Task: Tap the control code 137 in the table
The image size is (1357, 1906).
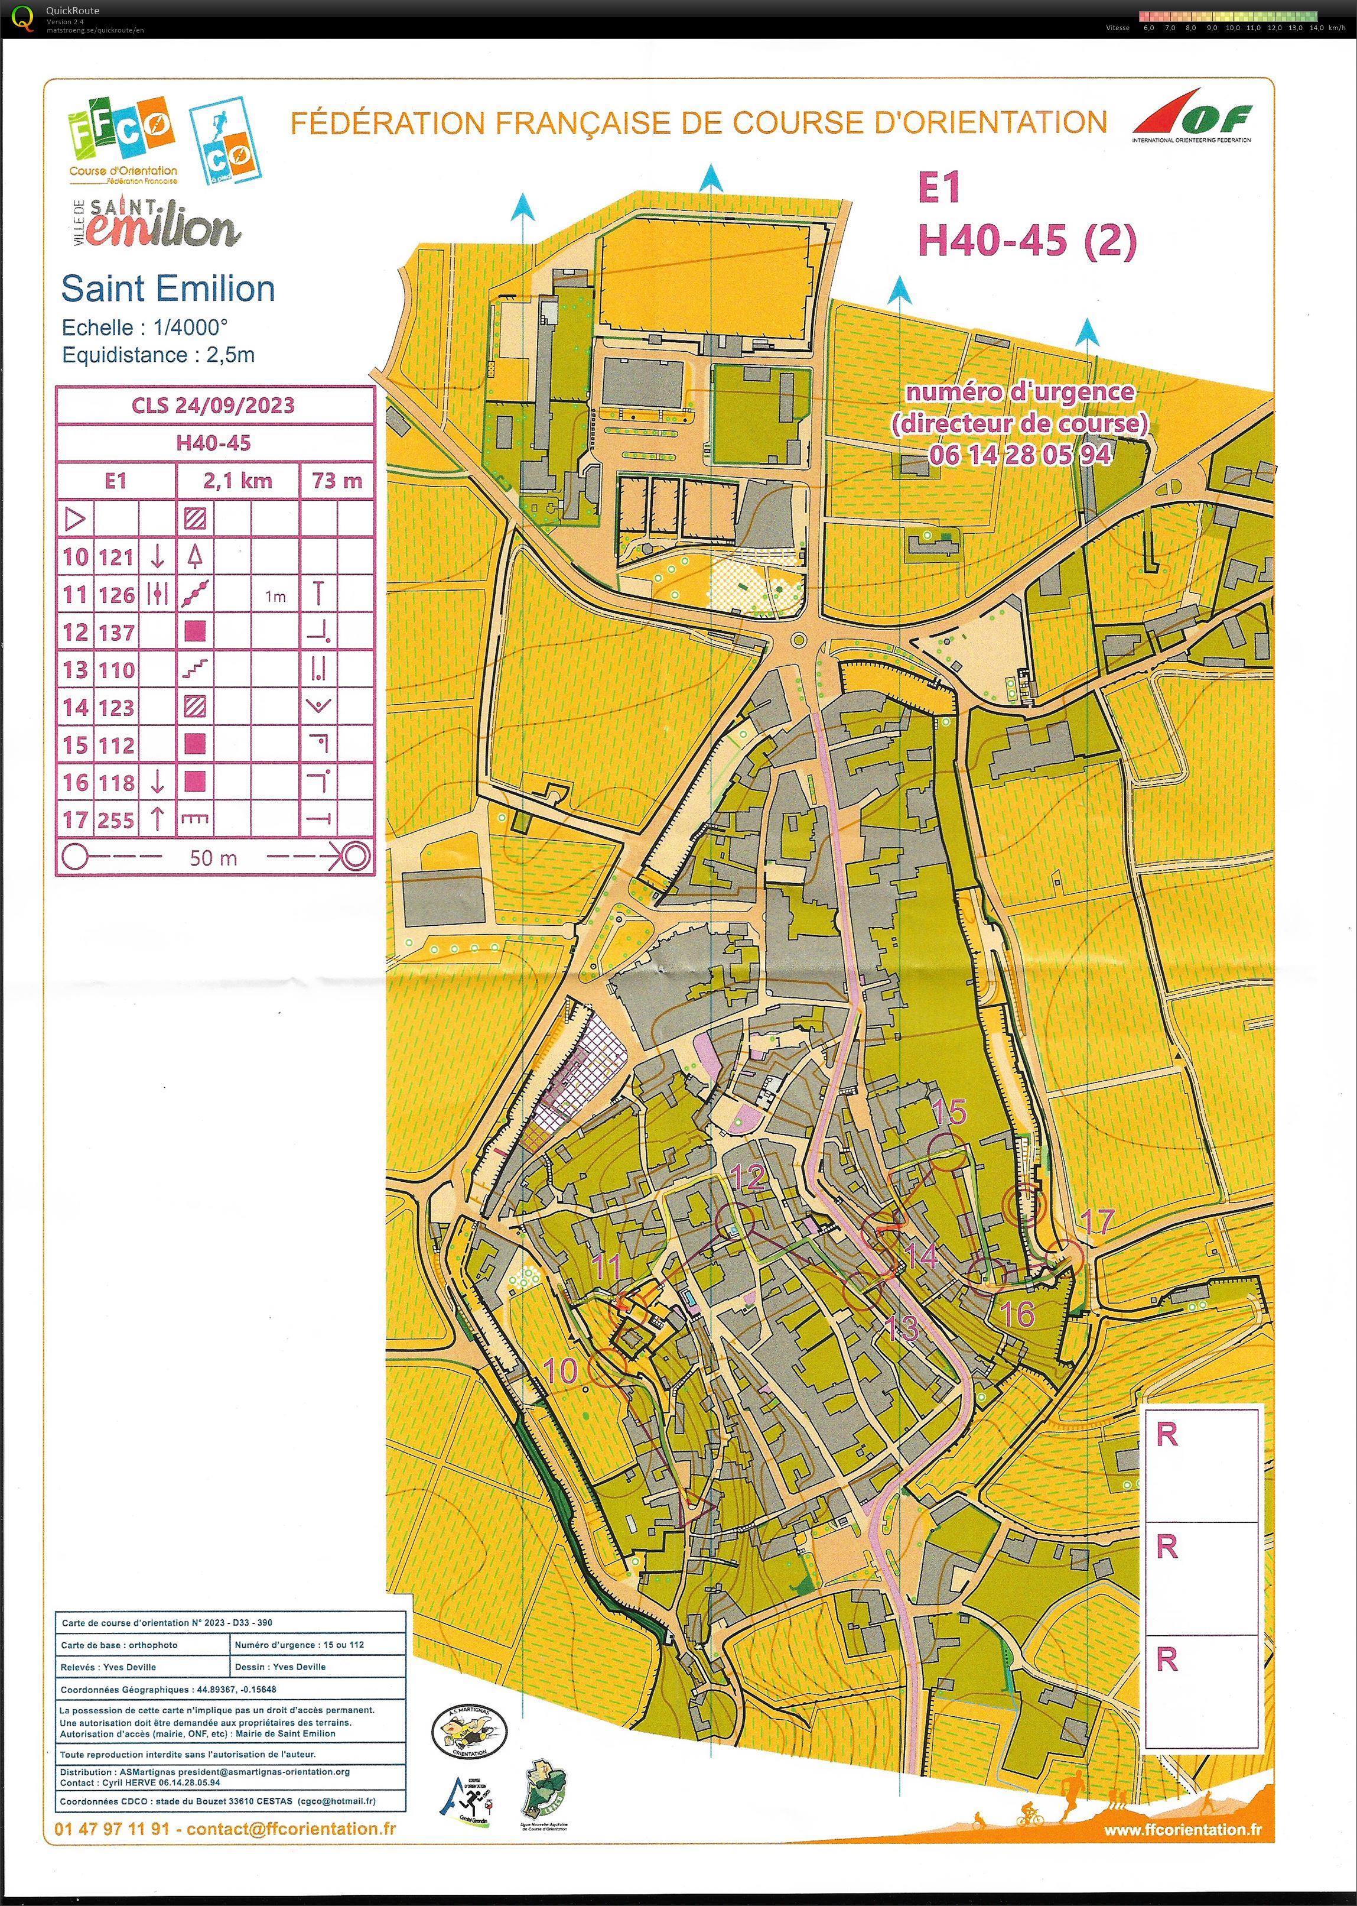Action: point(116,633)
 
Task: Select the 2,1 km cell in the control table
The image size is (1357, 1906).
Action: point(237,481)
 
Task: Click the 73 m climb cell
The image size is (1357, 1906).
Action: point(337,481)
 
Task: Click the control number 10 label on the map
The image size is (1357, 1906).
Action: point(561,1371)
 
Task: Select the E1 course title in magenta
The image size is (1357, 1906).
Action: point(939,188)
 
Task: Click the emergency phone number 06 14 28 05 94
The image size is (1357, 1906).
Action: point(1020,455)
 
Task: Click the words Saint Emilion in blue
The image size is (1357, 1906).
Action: point(168,289)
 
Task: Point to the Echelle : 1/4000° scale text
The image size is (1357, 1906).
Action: point(145,328)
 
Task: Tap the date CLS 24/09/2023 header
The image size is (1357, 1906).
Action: point(214,406)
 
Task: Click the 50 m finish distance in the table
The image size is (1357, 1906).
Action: point(214,858)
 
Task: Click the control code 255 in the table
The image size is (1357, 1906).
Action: point(116,820)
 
